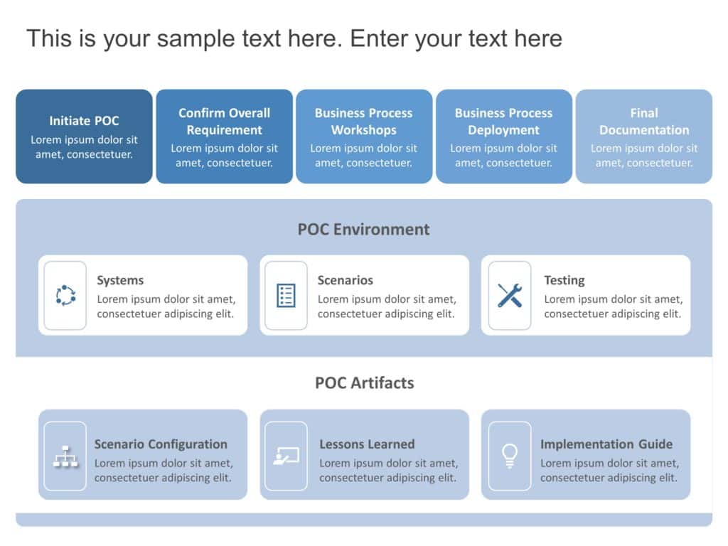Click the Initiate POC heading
[x=84, y=121]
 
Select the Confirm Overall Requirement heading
[x=224, y=122]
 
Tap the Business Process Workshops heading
[x=363, y=122]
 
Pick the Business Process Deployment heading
[x=503, y=122]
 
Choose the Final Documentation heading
[x=643, y=122]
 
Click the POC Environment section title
[x=363, y=230]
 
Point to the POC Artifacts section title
[x=364, y=383]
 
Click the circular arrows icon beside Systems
[x=65, y=295]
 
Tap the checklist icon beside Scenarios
[x=286, y=295]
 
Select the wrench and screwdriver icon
[x=509, y=295]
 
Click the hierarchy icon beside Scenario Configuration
[x=65, y=456]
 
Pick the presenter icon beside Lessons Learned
[x=286, y=456]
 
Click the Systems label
[x=120, y=281]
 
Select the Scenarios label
[x=345, y=281]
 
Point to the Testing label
[x=564, y=281]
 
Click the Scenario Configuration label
[x=161, y=444]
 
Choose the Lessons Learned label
[x=367, y=444]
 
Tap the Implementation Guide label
[x=606, y=444]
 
